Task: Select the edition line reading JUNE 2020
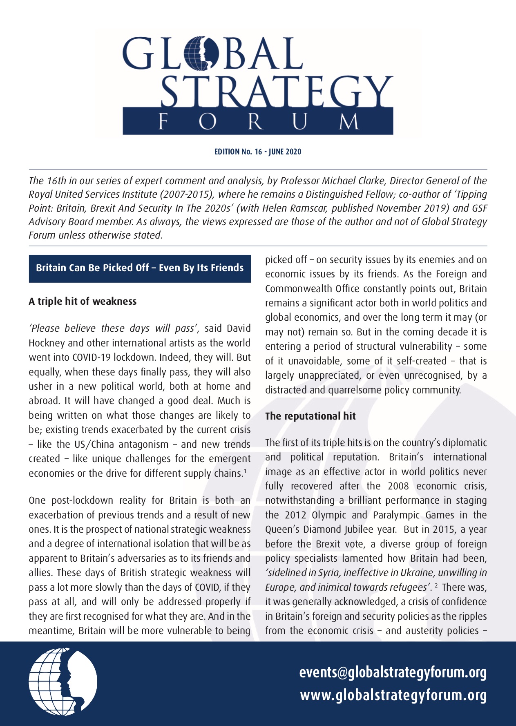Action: pos(258,152)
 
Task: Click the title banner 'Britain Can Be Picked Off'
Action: pos(140,268)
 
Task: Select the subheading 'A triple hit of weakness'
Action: pos(83,302)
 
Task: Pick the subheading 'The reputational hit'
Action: pos(310,416)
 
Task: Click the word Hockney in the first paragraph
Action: pos(45,343)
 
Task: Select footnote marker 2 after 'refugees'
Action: pos(436,586)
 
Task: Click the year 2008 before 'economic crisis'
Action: pos(398,486)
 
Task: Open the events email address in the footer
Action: pos(393,672)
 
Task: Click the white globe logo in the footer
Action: pos(63,681)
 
